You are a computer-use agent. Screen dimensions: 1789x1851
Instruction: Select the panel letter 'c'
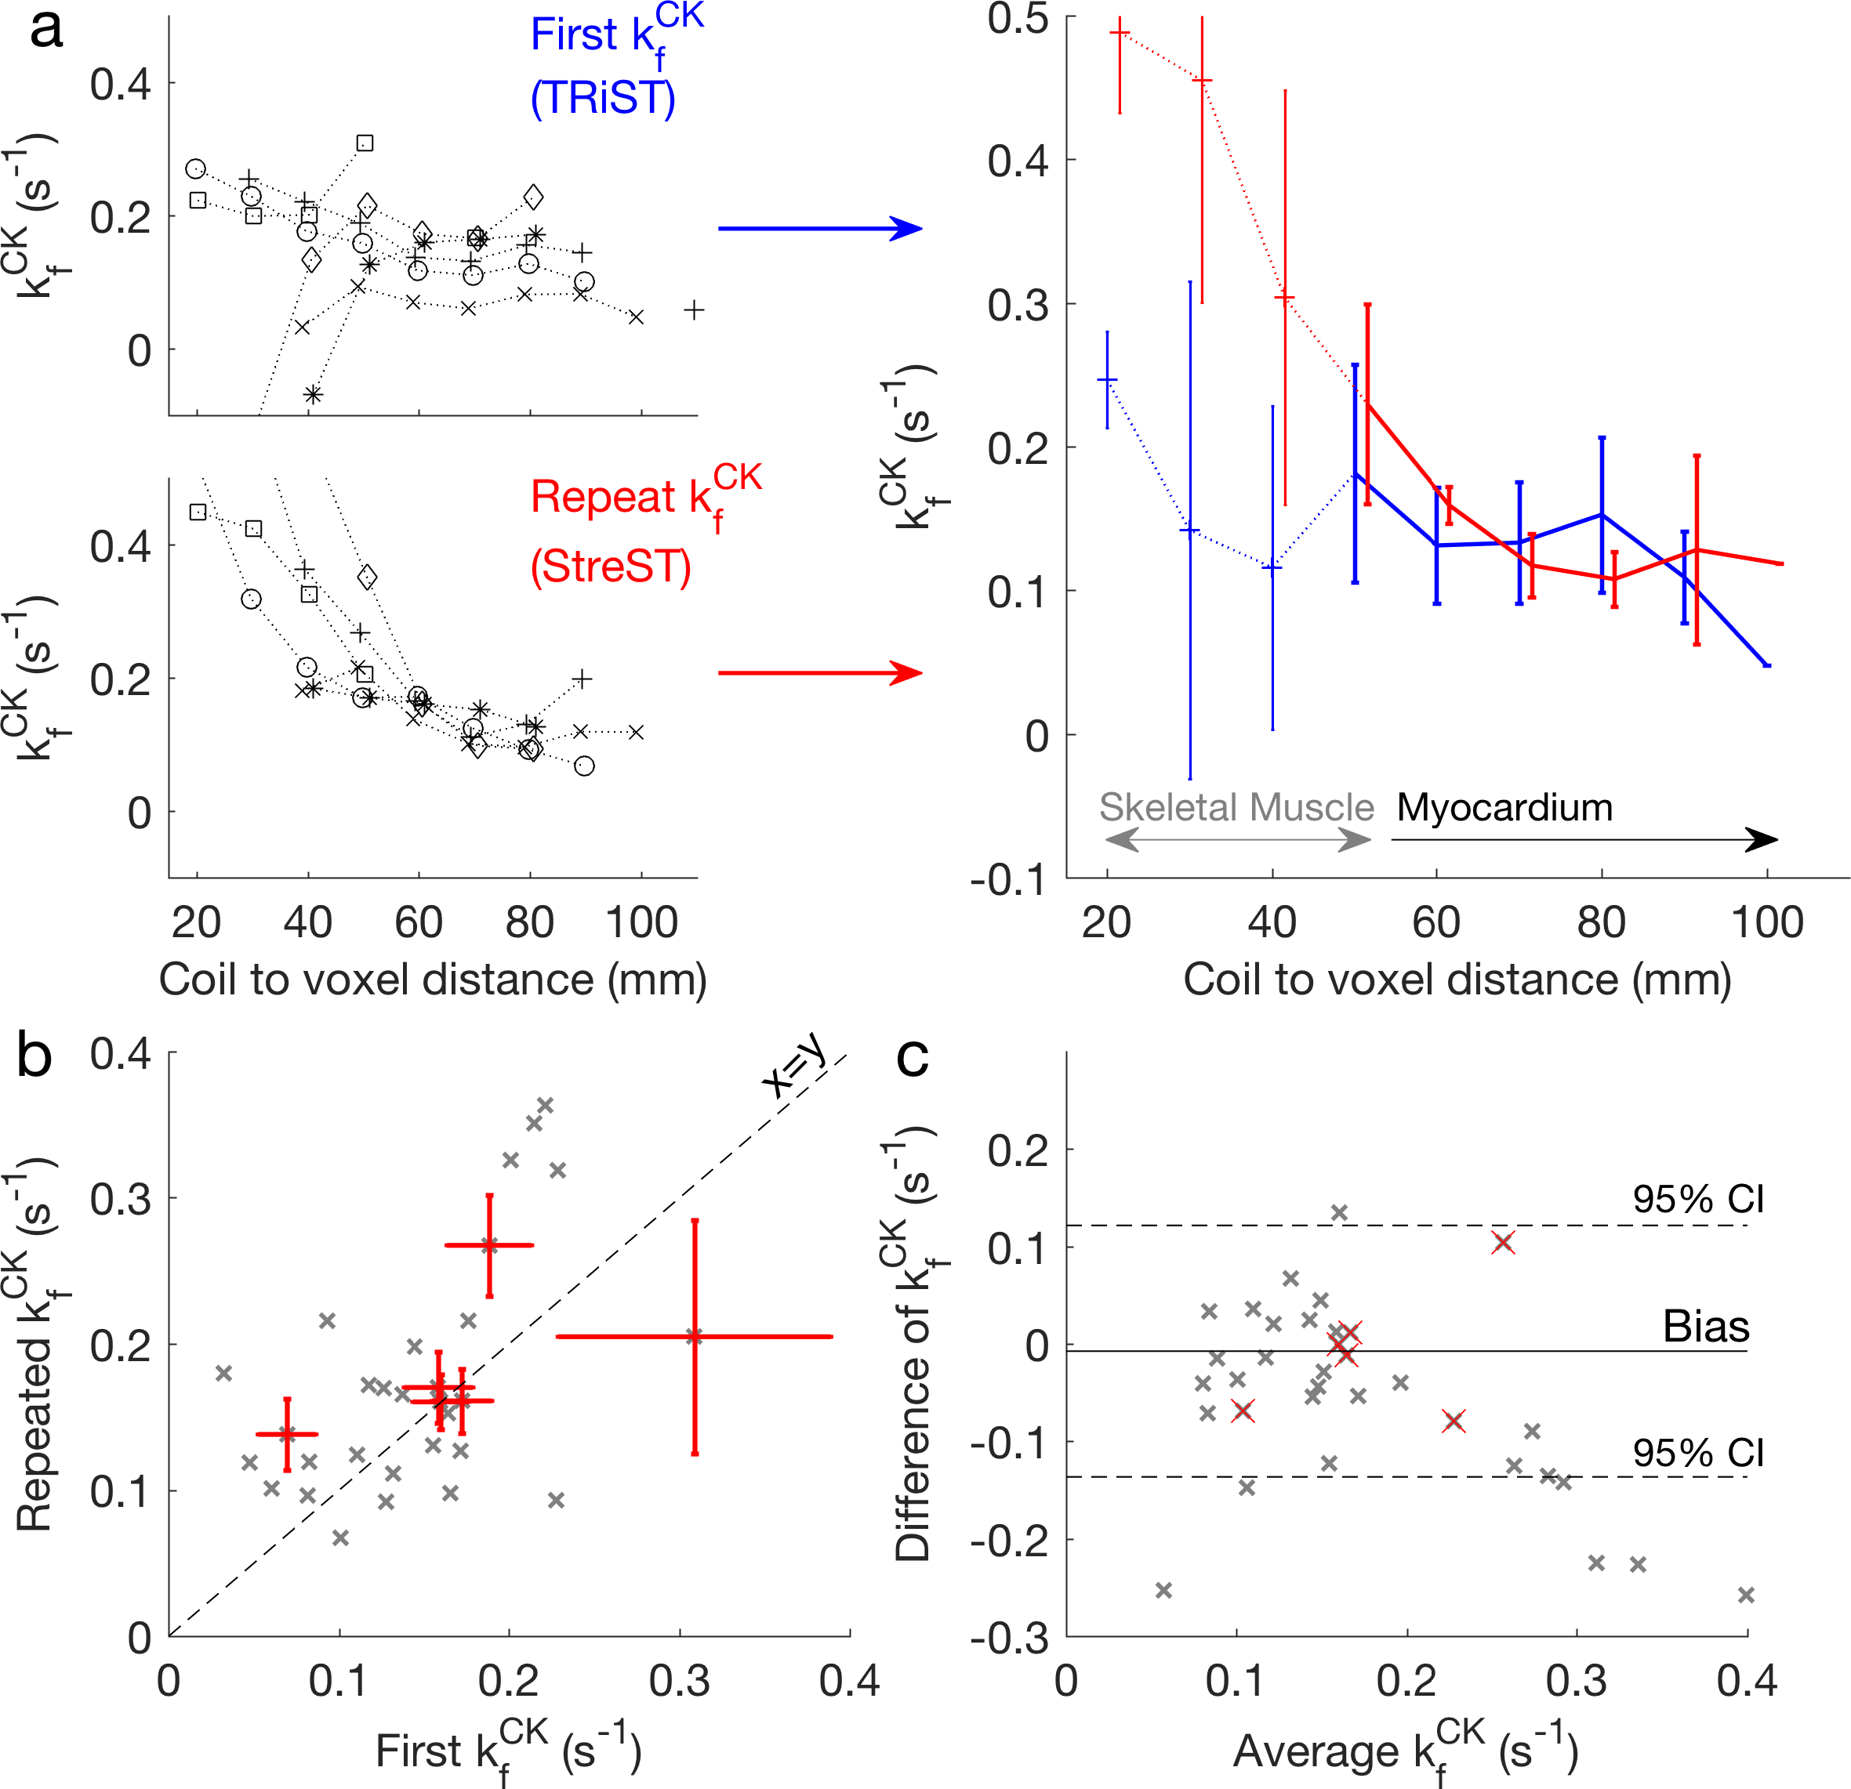click(x=913, y=1057)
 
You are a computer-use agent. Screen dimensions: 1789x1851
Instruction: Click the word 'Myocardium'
click(x=1504, y=808)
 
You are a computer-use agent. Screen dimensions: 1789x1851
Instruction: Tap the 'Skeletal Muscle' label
click(x=1236, y=808)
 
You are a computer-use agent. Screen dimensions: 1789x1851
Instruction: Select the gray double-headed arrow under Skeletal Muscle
click(x=1237, y=839)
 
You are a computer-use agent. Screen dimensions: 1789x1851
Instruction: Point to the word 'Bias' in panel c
click(x=1705, y=1327)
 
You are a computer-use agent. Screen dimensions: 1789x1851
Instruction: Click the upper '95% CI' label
click(x=1698, y=1199)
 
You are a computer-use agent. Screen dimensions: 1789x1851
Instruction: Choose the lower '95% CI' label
click(x=1698, y=1452)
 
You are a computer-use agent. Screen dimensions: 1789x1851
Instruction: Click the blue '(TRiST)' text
click(x=603, y=98)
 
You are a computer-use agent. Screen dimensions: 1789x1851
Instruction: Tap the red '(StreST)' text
click(x=611, y=567)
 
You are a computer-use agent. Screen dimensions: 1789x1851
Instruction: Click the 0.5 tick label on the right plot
click(x=1018, y=19)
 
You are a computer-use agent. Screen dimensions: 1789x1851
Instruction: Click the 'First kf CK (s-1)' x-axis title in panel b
click(x=508, y=1752)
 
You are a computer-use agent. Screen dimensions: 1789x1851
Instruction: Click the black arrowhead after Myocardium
click(x=1762, y=839)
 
